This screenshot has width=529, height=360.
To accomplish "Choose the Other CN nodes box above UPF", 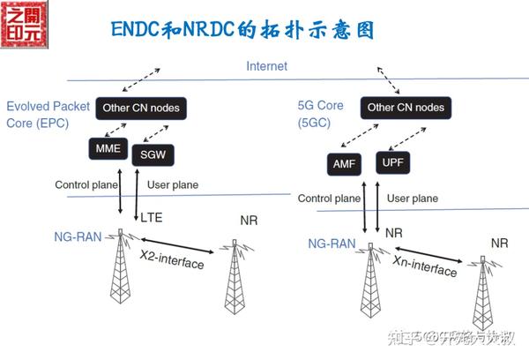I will click(x=405, y=108).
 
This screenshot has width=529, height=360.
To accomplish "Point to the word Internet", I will click(x=266, y=66).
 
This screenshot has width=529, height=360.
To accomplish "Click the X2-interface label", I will click(x=173, y=262).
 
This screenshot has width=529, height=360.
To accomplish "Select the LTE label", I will click(x=152, y=217).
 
